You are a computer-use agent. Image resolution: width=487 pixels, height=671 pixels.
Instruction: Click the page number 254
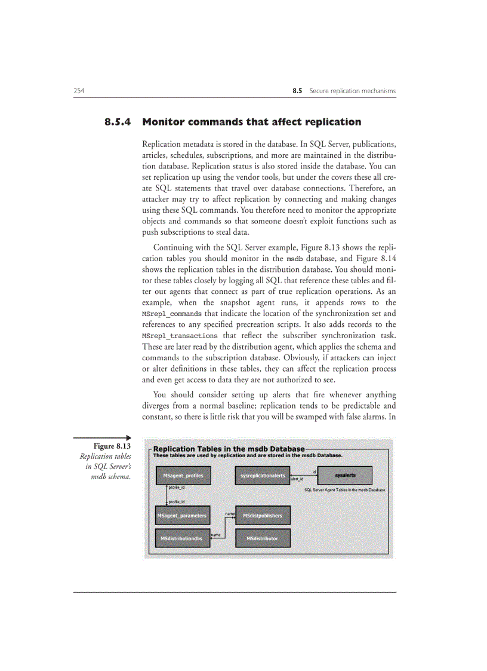(78, 91)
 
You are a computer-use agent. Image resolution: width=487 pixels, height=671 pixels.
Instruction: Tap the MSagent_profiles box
(178, 476)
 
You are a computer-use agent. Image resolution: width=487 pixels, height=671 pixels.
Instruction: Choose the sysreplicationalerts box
(262, 476)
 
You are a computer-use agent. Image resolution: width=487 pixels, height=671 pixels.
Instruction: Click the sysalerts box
(345, 476)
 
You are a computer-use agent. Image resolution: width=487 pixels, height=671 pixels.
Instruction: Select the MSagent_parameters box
(181, 515)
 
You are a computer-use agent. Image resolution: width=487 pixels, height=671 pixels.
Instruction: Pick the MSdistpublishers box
(263, 515)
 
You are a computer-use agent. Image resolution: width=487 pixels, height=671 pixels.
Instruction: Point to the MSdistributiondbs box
(181, 538)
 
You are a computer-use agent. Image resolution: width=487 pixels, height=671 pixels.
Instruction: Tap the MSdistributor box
(263, 538)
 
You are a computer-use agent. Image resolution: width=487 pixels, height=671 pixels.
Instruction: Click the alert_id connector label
(297, 479)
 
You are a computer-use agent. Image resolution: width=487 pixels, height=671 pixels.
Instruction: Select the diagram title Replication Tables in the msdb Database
(229, 449)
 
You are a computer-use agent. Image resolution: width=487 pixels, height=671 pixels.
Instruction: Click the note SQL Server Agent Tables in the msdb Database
(344, 489)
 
